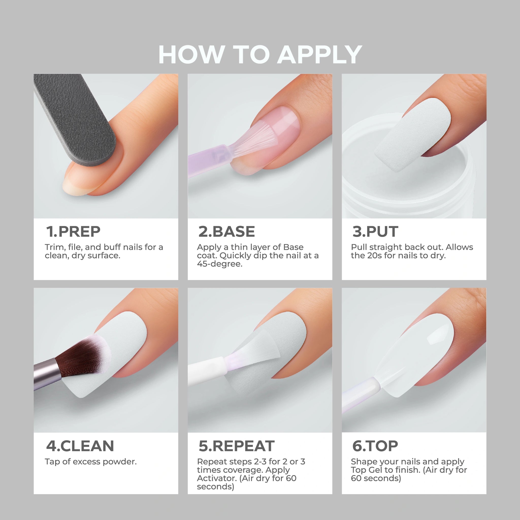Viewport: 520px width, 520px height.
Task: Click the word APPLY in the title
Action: (x=319, y=54)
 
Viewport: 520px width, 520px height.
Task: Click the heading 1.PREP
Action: (x=73, y=232)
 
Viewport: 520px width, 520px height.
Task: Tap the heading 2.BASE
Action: (x=227, y=232)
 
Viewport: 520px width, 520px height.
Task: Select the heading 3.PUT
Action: (x=375, y=232)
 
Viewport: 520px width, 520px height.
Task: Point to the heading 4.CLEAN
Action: (x=80, y=446)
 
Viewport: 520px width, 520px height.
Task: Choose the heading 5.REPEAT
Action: (x=237, y=446)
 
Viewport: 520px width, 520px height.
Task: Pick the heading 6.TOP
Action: (x=375, y=446)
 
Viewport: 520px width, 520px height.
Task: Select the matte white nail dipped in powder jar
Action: (x=413, y=135)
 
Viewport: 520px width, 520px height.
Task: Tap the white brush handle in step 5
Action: (x=206, y=370)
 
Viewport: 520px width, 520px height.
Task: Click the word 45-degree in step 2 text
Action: (x=220, y=264)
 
